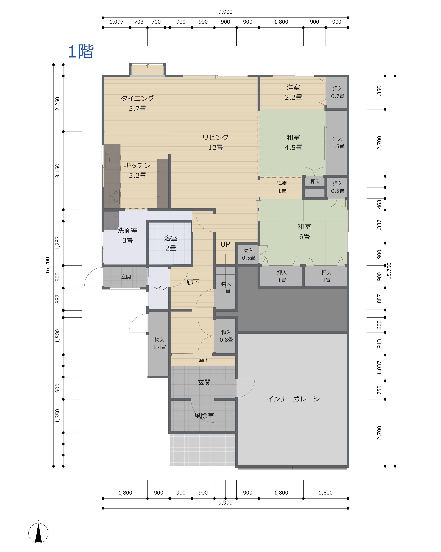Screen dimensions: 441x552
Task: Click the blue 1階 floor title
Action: click(81, 52)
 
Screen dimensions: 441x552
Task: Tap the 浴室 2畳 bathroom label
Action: click(171, 243)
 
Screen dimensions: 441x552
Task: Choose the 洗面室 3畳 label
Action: click(127, 235)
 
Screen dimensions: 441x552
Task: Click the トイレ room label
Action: click(160, 288)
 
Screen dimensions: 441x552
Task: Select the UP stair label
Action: click(225, 244)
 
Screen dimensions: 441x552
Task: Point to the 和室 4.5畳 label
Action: click(293, 142)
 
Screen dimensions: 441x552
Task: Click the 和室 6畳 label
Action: click(304, 231)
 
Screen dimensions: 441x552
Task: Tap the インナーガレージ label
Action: click(293, 399)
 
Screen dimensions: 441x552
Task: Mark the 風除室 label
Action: click(204, 415)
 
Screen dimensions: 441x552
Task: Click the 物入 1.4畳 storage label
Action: click(159, 343)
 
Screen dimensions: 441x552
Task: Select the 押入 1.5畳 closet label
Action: click(338, 142)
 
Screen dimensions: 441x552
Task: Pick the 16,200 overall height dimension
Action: click(48, 265)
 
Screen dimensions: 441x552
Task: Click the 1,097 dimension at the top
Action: click(116, 22)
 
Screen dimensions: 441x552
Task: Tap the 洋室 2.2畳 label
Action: click(293, 92)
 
